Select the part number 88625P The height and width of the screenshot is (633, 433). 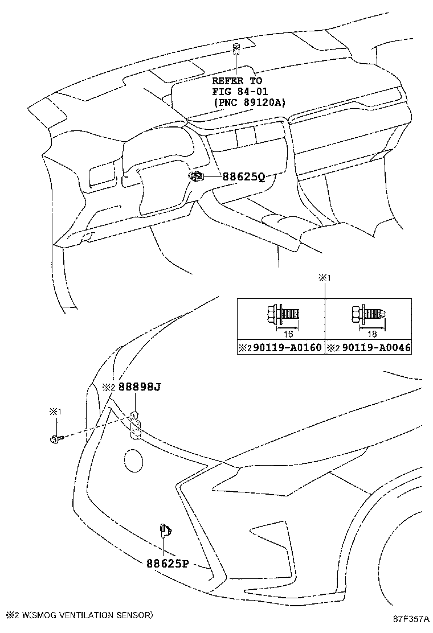pos(167,564)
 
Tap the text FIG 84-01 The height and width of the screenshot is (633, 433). pos(241,92)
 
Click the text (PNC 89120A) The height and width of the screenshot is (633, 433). pos(250,102)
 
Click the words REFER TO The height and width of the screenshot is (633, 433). pos(237,81)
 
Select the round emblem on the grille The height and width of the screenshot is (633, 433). pos(134,460)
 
